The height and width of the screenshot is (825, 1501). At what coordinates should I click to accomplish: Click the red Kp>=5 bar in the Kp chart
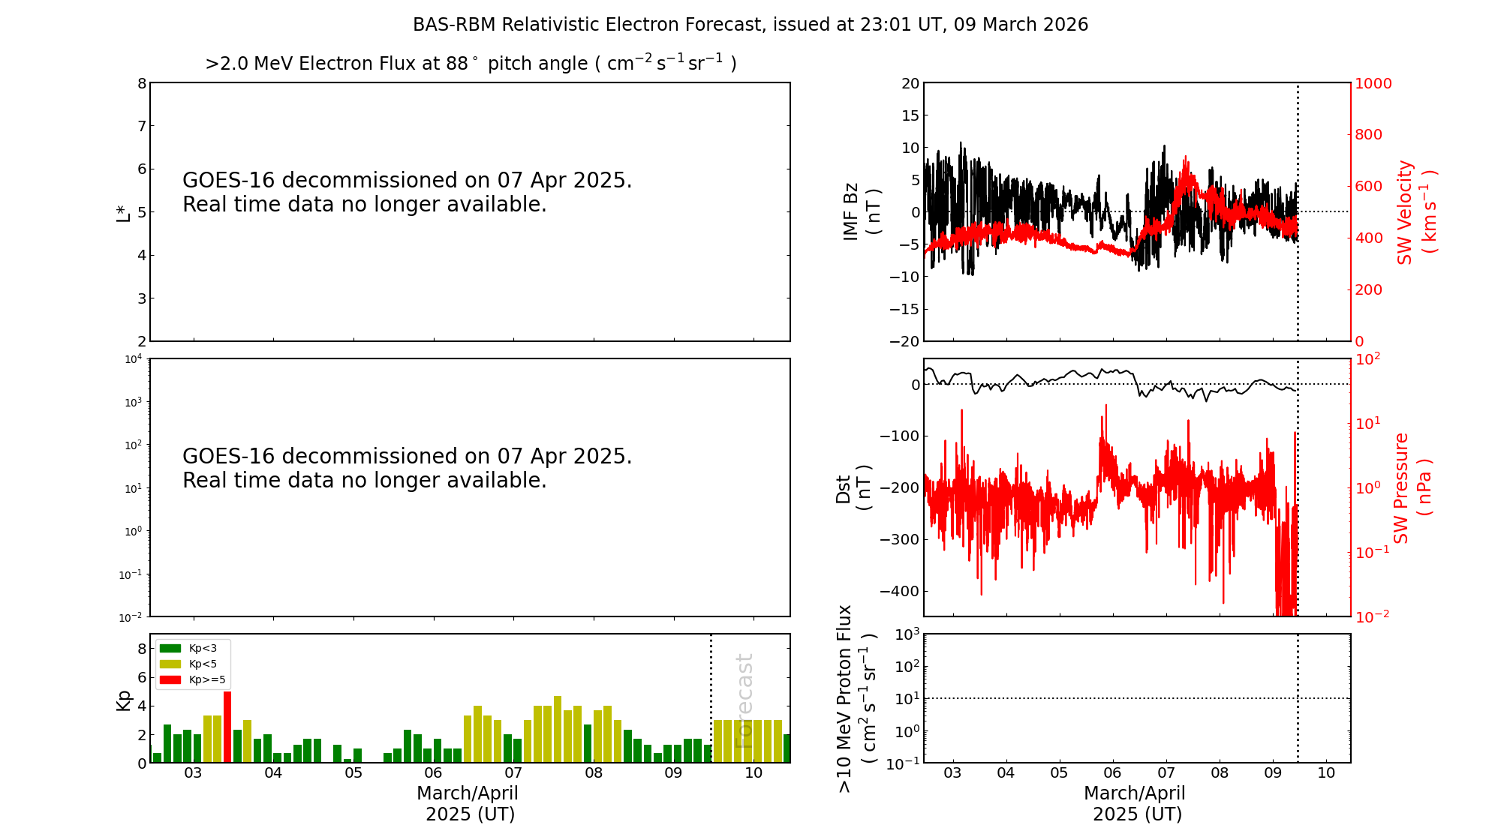(227, 727)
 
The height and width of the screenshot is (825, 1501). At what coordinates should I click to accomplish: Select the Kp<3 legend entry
(191, 648)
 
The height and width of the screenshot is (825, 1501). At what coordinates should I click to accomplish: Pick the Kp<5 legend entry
(191, 664)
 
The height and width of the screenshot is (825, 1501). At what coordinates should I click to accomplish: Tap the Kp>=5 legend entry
(193, 679)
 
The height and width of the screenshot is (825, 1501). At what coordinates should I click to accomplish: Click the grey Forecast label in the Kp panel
(744, 700)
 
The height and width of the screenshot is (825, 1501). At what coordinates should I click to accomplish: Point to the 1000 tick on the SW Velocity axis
(1373, 83)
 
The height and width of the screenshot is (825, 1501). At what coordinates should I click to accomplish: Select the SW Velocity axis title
(1416, 212)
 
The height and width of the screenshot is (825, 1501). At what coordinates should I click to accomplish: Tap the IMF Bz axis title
(862, 211)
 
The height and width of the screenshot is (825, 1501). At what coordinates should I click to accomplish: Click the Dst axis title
(853, 488)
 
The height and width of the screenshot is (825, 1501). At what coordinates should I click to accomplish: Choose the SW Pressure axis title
(1412, 487)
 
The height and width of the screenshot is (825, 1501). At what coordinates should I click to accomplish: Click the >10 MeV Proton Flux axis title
(856, 698)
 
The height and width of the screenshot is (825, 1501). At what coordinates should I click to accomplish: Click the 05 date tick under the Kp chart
(353, 773)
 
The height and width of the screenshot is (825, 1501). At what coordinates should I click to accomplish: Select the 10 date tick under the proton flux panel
(1326, 773)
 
